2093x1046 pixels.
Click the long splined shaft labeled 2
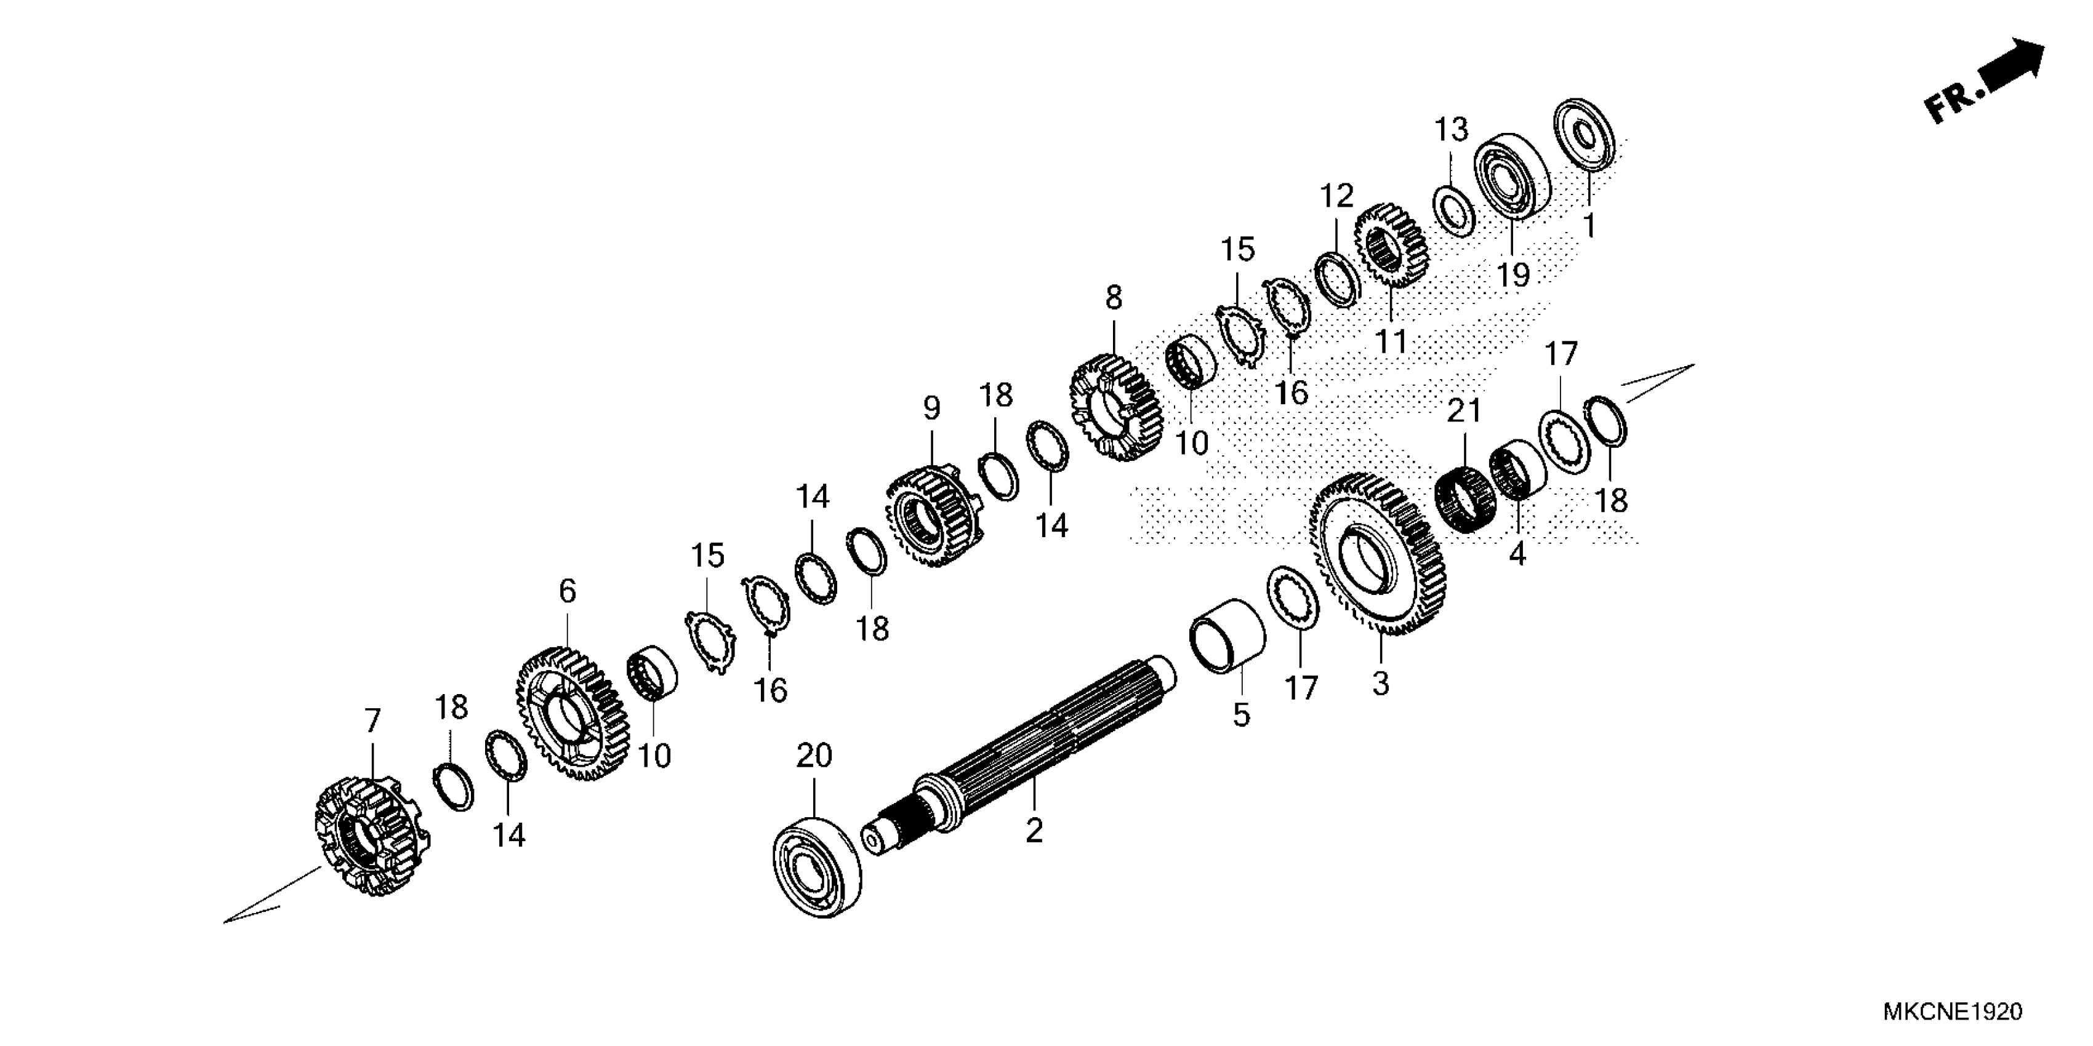(1032, 755)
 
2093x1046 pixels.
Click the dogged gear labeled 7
(371, 836)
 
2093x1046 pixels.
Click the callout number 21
(1464, 411)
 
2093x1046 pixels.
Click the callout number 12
(1336, 196)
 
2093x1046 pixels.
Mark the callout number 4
(1517, 554)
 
